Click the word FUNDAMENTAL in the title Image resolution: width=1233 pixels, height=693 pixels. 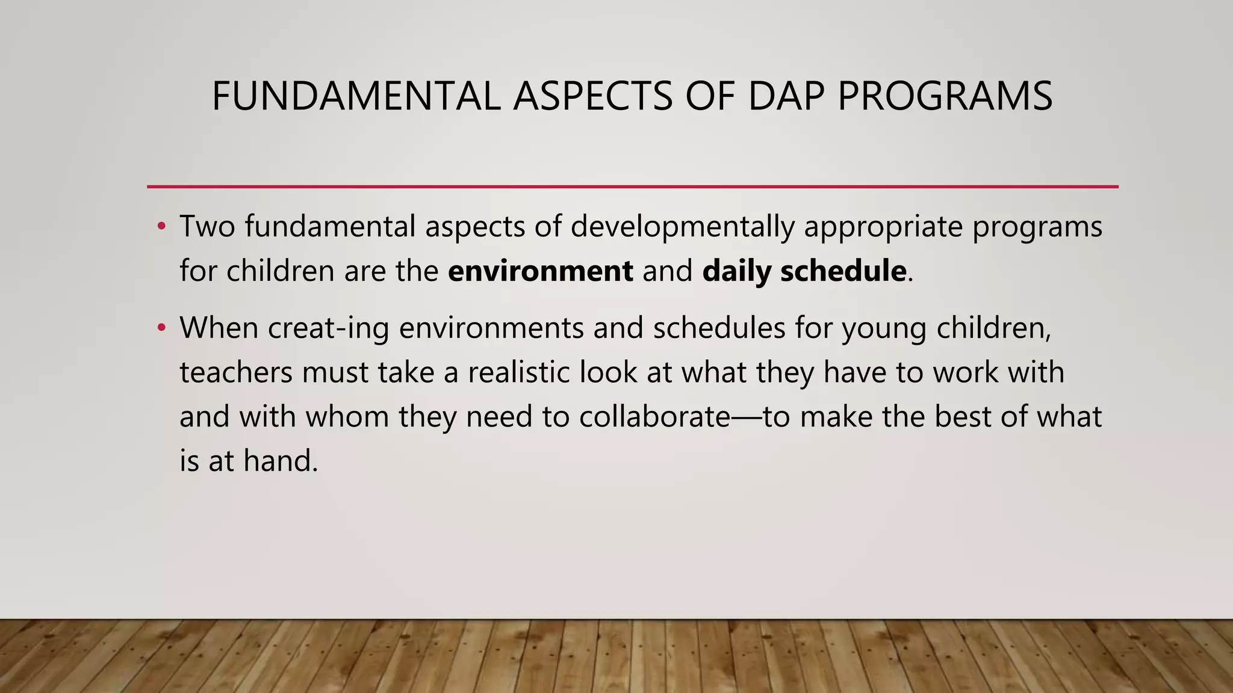click(356, 96)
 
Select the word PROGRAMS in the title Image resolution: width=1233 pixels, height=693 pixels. click(945, 96)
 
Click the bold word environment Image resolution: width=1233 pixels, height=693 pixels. click(540, 271)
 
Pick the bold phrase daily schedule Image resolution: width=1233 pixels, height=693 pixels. click(804, 271)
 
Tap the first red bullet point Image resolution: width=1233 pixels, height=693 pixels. click(161, 227)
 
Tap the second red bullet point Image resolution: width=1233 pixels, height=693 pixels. click(161, 328)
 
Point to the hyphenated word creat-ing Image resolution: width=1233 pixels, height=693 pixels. click(328, 328)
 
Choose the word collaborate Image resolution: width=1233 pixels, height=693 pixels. click(655, 416)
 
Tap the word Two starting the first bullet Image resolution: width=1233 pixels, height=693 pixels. click(207, 227)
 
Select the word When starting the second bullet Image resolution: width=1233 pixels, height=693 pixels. click(219, 328)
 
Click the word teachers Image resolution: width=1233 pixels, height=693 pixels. click(235, 372)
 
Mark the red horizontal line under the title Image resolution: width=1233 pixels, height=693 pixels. click(632, 186)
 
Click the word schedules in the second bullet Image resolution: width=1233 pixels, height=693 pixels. click(719, 328)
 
